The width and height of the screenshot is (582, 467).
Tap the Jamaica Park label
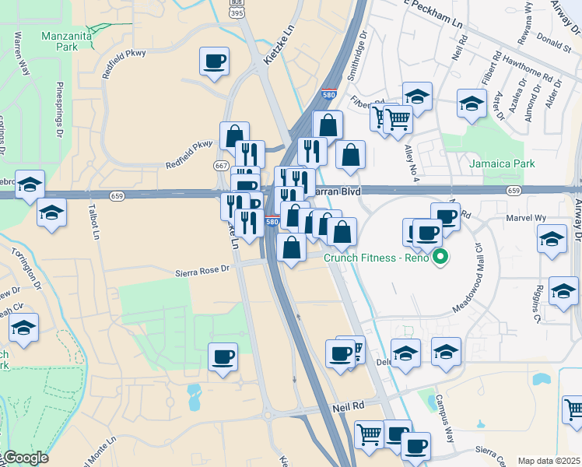(x=502, y=164)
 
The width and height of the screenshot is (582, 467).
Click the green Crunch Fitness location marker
(x=440, y=258)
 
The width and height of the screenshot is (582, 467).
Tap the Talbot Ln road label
(x=95, y=223)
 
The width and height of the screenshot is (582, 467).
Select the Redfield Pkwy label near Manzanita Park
(x=118, y=68)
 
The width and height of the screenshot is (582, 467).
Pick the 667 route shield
(x=220, y=165)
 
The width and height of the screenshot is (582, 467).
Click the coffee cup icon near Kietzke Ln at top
(x=214, y=61)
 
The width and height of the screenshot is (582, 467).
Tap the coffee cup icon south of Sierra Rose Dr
(x=223, y=357)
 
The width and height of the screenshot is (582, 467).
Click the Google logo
(x=25, y=458)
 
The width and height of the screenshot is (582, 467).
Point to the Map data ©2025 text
(x=549, y=461)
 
